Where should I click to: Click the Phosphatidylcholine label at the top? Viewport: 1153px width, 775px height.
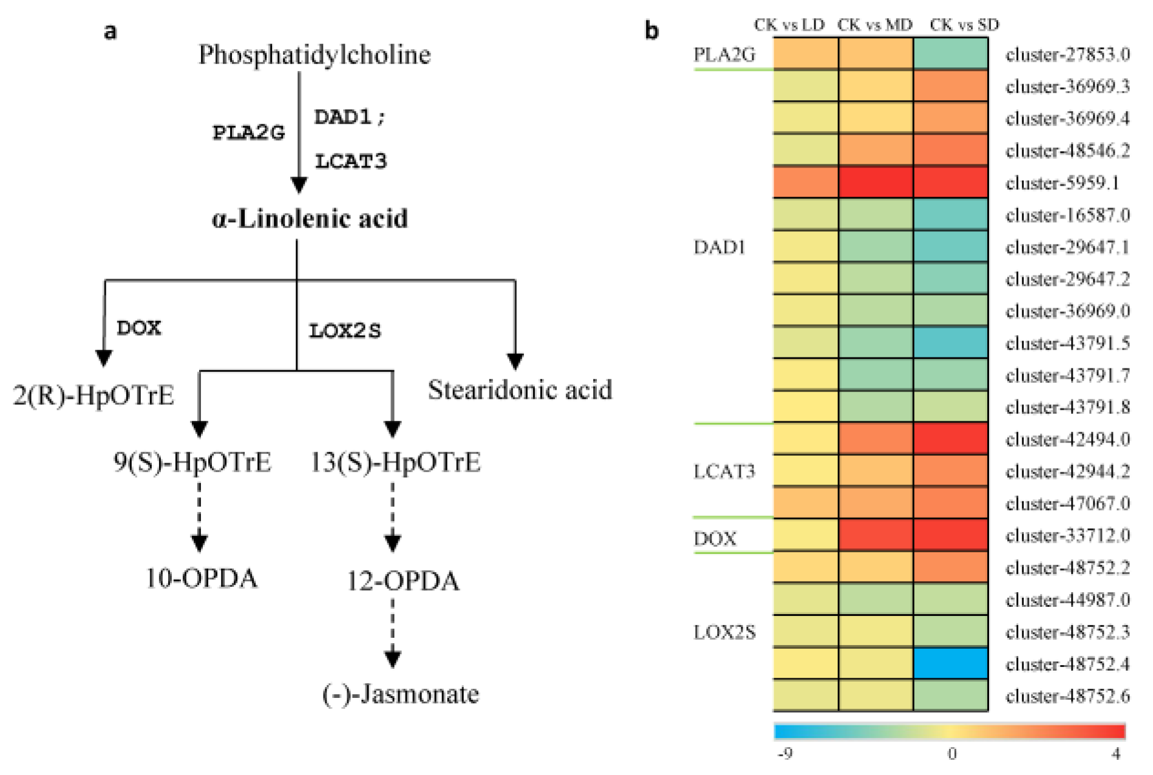(x=315, y=55)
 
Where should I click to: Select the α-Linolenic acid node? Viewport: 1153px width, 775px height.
(x=310, y=218)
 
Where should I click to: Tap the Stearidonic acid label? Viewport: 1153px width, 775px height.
(x=520, y=390)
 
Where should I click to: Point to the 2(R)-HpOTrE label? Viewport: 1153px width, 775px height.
(x=94, y=396)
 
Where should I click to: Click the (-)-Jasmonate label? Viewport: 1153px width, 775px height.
(x=401, y=694)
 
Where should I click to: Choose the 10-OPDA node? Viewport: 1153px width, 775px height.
(x=202, y=578)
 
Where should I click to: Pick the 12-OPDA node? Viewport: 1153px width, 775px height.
(x=403, y=581)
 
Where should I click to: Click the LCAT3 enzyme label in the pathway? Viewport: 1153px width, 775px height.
(x=350, y=161)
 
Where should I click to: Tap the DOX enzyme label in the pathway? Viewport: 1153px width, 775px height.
(x=139, y=328)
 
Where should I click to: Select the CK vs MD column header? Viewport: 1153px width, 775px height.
(x=874, y=25)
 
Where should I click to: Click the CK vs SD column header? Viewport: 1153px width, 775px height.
(x=964, y=25)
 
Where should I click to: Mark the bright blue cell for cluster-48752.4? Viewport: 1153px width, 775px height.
(x=951, y=663)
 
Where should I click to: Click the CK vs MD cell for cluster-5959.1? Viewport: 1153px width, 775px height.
(x=876, y=182)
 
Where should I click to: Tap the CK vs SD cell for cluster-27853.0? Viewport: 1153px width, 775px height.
(x=951, y=53)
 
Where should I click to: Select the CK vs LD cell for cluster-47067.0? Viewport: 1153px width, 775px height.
(x=806, y=503)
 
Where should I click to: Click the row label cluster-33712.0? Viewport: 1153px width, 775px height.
(x=1067, y=536)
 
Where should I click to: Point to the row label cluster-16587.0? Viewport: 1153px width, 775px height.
(x=1067, y=215)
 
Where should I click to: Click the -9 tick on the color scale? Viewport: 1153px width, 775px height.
(x=785, y=754)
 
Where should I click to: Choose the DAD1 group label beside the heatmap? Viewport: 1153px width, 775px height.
(x=719, y=247)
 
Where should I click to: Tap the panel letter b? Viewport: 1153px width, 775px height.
(x=651, y=30)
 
